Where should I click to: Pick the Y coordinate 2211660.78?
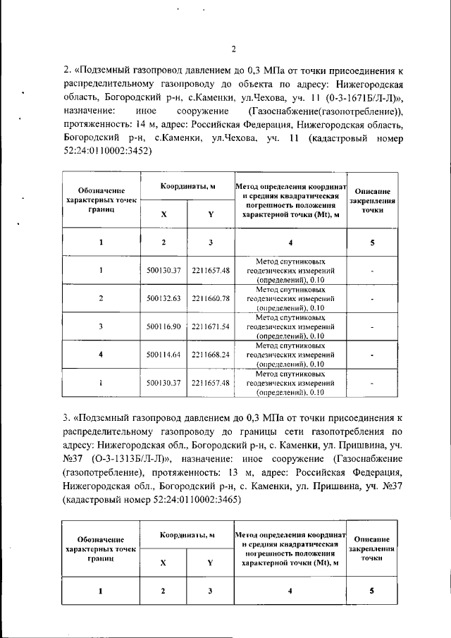(x=211, y=298)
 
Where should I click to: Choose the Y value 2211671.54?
(x=211, y=326)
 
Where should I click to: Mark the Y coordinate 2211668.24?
(x=211, y=355)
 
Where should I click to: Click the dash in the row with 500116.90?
(x=372, y=326)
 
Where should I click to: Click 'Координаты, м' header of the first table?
(x=187, y=185)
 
